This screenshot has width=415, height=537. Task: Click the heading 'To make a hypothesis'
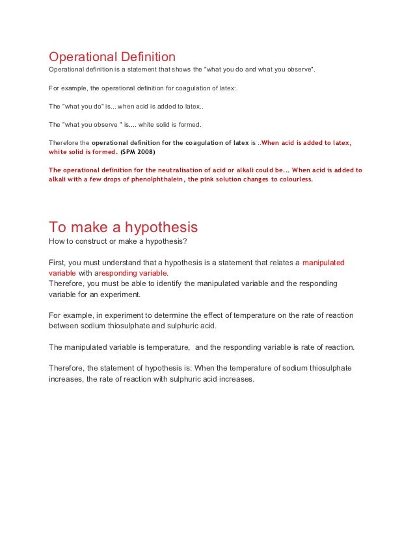click(x=124, y=227)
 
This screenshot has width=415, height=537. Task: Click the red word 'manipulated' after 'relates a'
click(x=323, y=263)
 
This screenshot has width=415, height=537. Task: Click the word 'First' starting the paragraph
click(x=57, y=263)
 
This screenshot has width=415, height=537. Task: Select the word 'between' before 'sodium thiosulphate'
click(x=64, y=326)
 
